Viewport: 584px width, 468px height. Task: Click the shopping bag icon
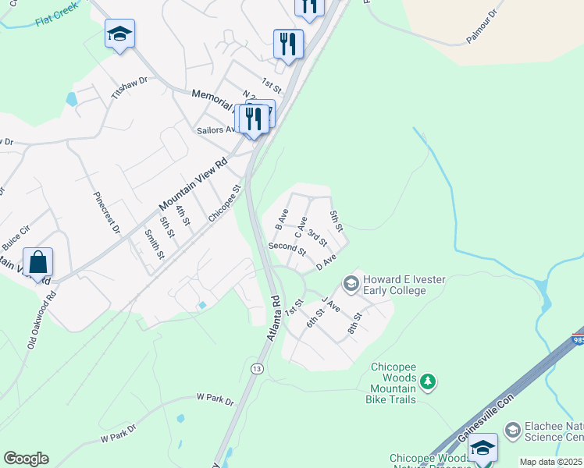pyautogui.click(x=37, y=263)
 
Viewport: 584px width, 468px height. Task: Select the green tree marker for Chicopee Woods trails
pyautogui.click(x=427, y=381)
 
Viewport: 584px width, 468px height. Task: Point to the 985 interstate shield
pyautogui.click(x=578, y=339)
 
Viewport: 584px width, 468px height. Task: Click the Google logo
pyautogui.click(x=26, y=459)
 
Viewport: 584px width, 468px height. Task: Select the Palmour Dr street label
pyautogui.click(x=482, y=26)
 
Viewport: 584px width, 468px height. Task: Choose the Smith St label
pyautogui.click(x=154, y=243)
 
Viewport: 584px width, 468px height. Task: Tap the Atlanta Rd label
pyautogui.click(x=272, y=317)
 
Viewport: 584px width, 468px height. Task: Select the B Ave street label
pyautogui.click(x=282, y=218)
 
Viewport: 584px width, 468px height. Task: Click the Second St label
pyautogui.click(x=287, y=249)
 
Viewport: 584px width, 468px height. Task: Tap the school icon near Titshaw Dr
pyautogui.click(x=119, y=34)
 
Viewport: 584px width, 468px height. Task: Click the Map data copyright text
pyautogui.click(x=550, y=462)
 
